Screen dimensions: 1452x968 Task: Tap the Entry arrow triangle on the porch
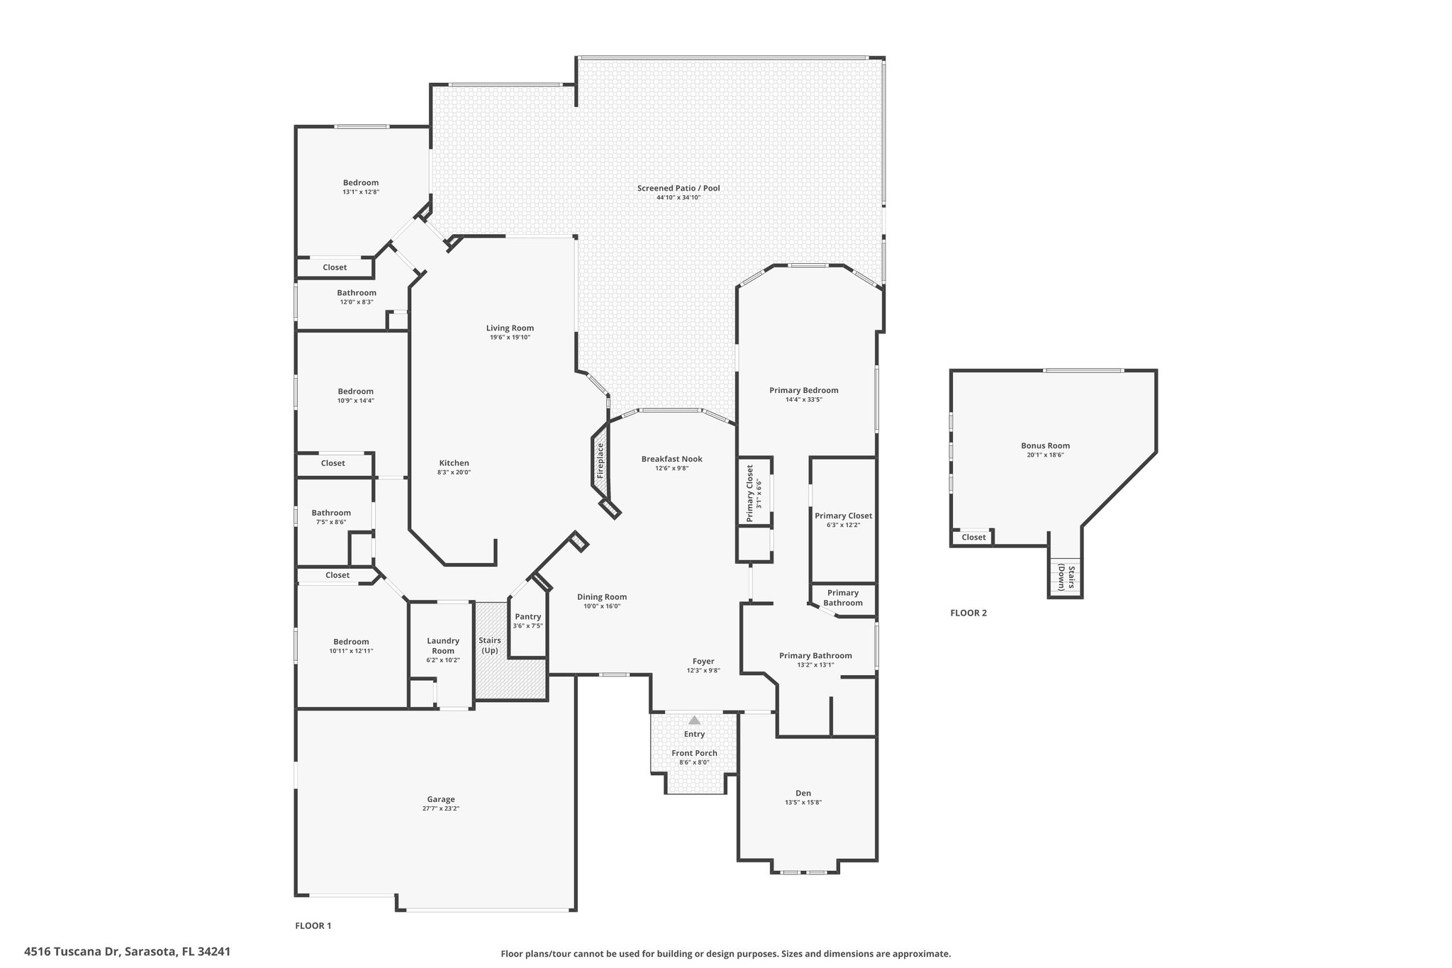(695, 720)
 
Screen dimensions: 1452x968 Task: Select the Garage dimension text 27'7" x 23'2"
(441, 808)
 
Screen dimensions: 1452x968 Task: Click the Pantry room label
(528, 617)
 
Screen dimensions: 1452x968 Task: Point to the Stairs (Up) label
(490, 645)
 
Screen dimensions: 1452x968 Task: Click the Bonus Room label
(1046, 446)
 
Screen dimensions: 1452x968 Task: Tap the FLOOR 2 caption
(968, 613)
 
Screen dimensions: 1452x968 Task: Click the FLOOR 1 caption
(313, 925)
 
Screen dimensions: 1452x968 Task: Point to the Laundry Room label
(443, 645)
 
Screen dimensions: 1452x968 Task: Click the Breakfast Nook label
(672, 459)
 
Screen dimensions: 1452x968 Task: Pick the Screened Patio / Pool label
(678, 188)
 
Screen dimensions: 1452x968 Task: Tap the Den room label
(803, 793)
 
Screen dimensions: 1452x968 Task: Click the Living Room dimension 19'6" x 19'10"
(510, 338)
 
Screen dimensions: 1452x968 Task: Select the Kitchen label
(454, 463)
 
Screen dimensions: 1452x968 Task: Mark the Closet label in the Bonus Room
(973, 538)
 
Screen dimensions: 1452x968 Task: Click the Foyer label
(703, 661)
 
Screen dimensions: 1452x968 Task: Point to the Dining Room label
(602, 596)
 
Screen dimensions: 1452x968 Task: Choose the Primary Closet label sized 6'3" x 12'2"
(844, 516)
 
